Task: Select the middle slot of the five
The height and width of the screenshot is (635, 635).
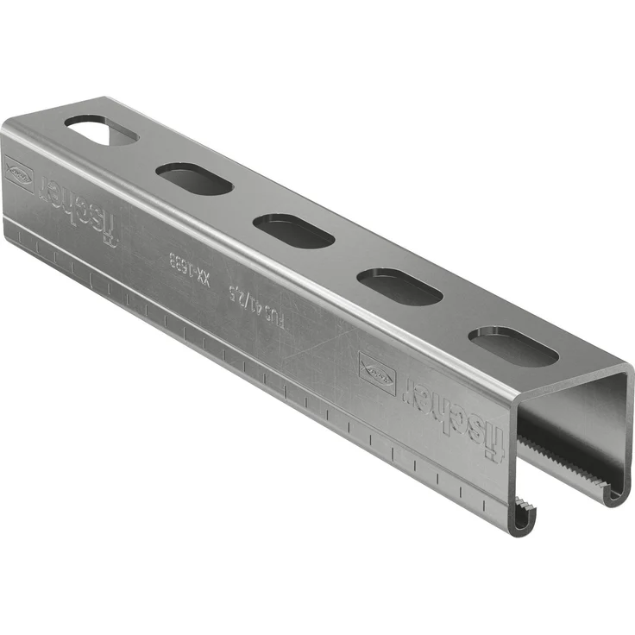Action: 293,230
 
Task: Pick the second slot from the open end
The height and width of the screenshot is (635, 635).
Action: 399,286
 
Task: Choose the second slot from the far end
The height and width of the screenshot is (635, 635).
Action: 194,179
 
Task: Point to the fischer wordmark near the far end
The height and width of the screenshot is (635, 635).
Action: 84,207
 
